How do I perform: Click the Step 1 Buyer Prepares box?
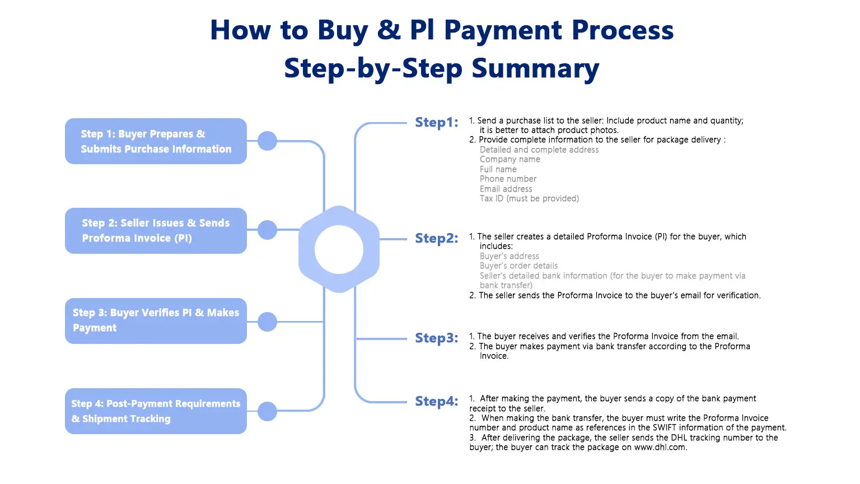[156, 141]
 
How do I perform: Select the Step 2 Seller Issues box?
[156, 230]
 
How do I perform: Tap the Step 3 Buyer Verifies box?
[156, 321]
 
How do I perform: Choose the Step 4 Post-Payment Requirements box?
[156, 411]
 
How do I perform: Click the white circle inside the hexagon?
[339, 249]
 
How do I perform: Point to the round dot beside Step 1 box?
[267, 141]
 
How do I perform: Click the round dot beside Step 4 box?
[267, 411]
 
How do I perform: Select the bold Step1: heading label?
[437, 123]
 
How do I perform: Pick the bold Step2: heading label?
[437, 238]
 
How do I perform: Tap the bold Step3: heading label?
[437, 338]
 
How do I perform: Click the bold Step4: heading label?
[437, 402]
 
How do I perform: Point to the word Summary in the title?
[535, 69]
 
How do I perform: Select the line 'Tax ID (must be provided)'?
[529, 199]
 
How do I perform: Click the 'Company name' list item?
[510, 160]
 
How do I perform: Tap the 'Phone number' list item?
[508, 179]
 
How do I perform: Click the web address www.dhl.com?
[660, 448]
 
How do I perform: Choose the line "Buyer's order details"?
[518, 266]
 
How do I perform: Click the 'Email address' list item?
[506, 189]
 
